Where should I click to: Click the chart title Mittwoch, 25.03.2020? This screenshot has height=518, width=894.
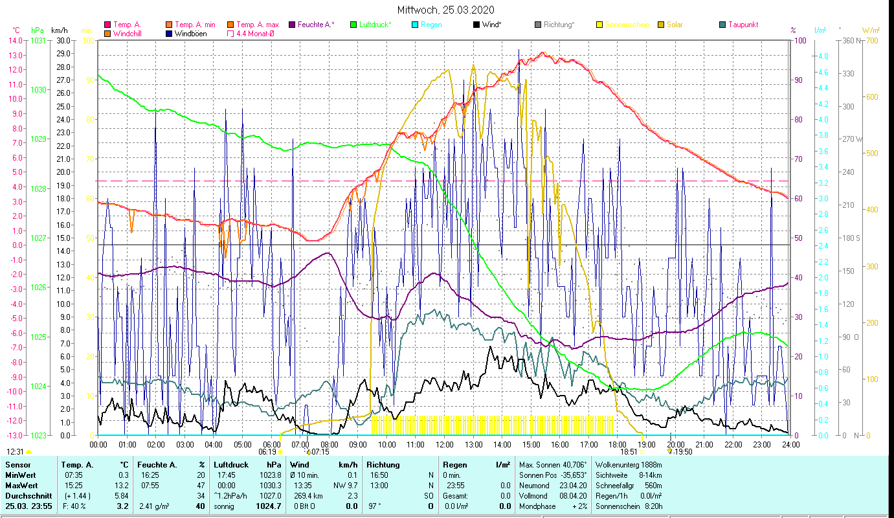[446, 10]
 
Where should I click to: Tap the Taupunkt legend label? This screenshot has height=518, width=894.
[743, 25]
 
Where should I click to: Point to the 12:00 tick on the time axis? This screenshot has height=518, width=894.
[444, 444]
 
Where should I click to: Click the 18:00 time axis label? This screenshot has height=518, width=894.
[618, 444]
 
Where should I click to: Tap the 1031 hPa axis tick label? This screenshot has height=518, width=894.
[39, 40]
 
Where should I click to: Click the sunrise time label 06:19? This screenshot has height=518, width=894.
[267, 451]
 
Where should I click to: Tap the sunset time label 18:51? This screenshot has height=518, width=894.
[629, 451]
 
